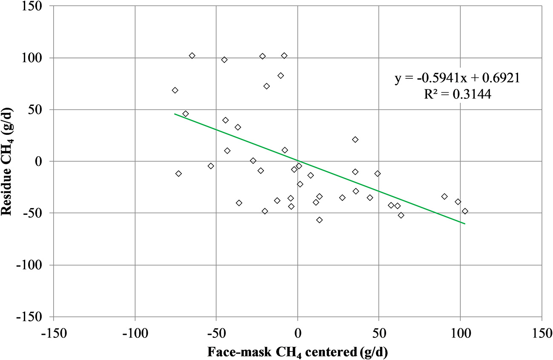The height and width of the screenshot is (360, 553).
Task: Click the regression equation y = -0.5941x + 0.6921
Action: pos(457,79)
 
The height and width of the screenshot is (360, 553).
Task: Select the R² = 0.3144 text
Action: pos(457,95)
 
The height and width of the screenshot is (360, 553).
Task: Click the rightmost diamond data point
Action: pos(465,211)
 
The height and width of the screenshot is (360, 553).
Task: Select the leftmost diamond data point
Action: pos(175,90)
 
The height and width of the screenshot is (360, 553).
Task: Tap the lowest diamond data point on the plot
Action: pos(319,220)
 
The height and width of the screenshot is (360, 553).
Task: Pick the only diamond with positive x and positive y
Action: pos(355,140)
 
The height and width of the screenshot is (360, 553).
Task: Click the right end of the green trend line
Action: pos(465,223)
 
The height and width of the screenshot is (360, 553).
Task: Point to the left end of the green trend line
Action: pos(175,114)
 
